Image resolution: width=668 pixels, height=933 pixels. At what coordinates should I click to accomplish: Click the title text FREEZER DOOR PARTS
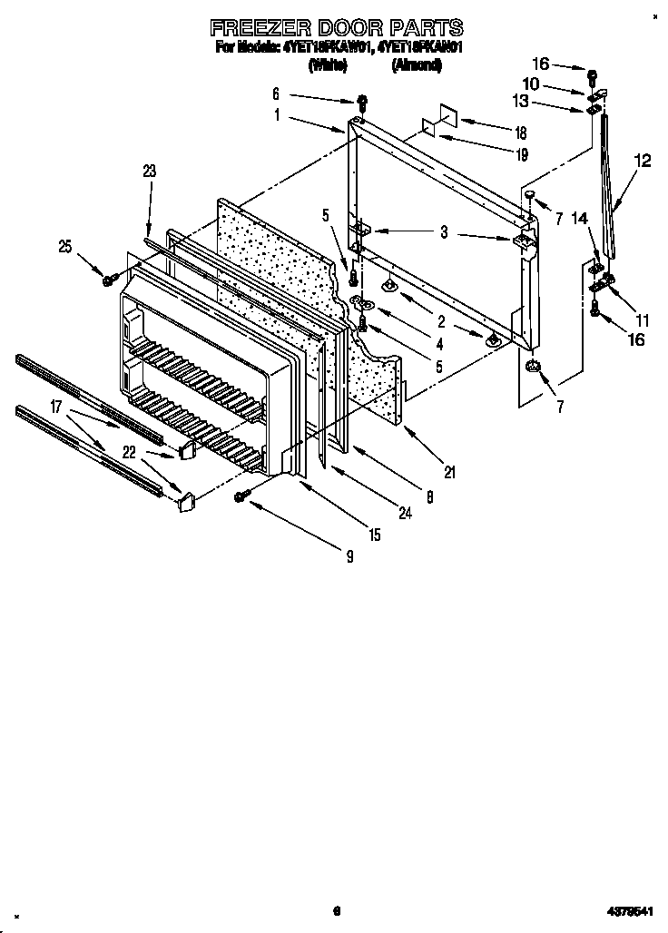[337, 28]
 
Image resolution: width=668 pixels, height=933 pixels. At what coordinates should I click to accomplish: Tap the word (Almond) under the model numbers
[417, 64]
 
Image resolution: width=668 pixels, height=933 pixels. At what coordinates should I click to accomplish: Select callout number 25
[64, 247]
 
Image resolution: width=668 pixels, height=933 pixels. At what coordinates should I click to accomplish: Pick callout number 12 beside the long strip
[643, 162]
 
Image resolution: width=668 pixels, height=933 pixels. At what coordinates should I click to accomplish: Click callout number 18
[521, 131]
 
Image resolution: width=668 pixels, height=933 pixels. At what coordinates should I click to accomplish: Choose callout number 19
[521, 155]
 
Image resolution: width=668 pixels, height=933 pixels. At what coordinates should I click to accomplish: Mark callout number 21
[449, 472]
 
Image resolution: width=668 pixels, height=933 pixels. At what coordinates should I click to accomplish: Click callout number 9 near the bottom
[349, 558]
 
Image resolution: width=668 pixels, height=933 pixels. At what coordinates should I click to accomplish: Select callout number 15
[374, 536]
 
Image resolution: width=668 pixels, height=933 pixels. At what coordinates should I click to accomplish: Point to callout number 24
[404, 513]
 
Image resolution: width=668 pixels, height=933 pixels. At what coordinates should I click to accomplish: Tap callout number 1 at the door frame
[276, 115]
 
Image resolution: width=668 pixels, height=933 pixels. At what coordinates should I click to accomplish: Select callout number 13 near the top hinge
[545, 100]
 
